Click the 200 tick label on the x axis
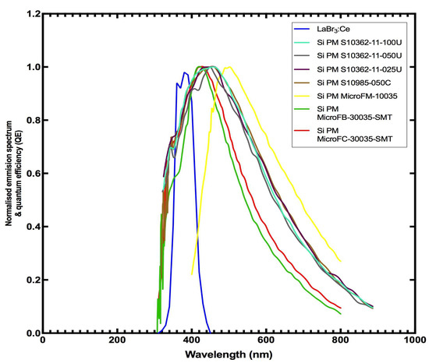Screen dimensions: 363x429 [117, 341]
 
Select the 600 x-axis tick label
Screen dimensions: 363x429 [266, 341]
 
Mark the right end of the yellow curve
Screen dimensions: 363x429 [340, 261]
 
